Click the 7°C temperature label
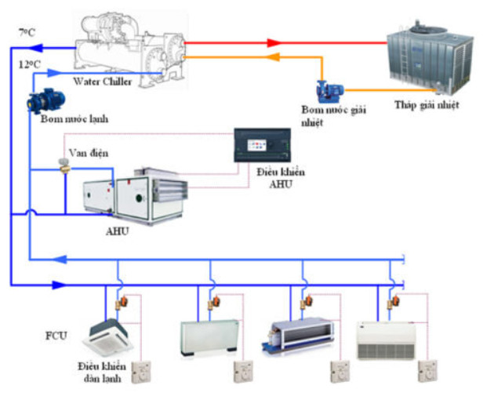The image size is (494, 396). point(27,32)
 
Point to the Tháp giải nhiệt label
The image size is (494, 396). point(427,104)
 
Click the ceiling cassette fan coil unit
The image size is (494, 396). point(110,332)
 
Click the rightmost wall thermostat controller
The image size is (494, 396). point(427,370)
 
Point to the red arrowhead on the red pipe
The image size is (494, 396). point(272,42)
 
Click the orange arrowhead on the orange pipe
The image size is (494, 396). point(272,57)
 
